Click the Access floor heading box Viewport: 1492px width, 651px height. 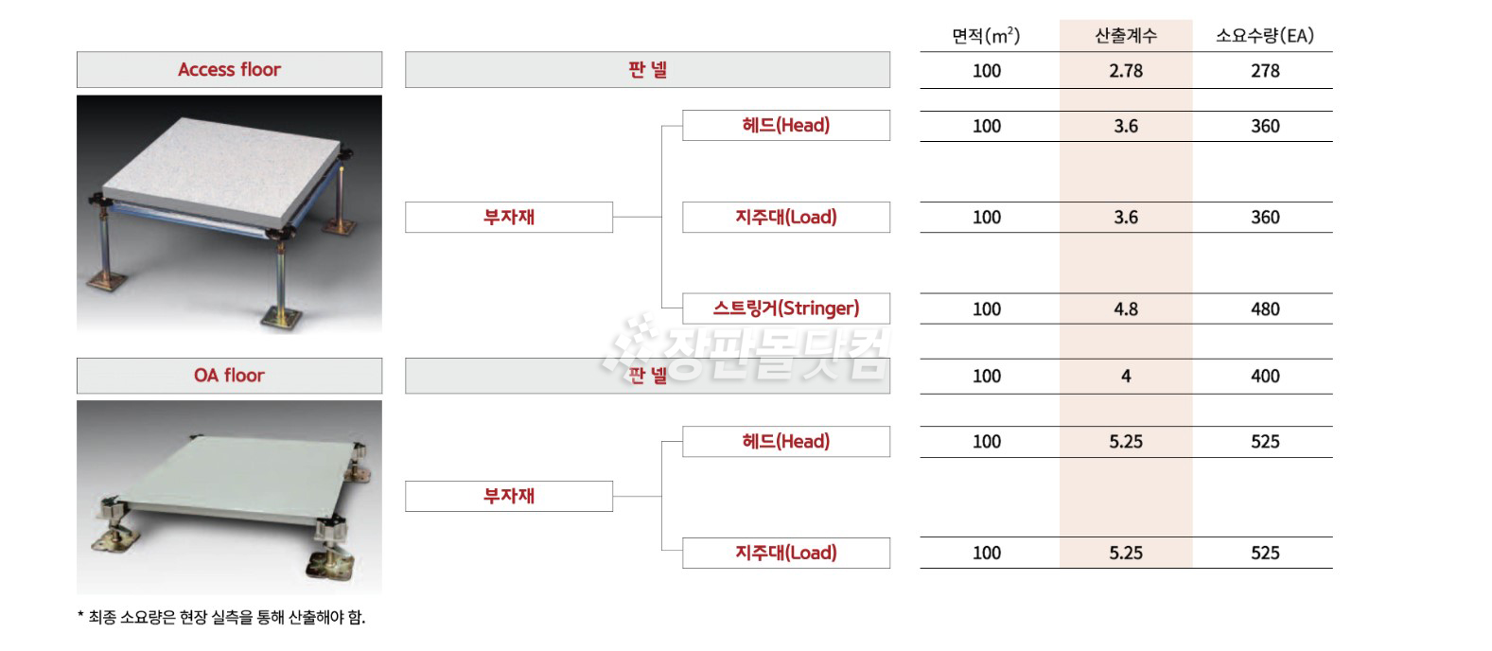[229, 69]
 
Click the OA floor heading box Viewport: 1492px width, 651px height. [229, 376]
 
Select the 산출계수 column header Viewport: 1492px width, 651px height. [1126, 35]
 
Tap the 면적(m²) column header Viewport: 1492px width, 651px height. [986, 35]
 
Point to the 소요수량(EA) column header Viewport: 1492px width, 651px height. [1265, 35]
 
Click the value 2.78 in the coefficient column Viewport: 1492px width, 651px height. [1126, 71]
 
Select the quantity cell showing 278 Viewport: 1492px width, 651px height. [1265, 71]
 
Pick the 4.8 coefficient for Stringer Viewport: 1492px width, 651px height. [1126, 309]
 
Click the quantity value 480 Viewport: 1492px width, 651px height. [1265, 309]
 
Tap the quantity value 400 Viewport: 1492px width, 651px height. [1265, 377]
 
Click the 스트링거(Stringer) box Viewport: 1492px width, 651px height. [786, 308]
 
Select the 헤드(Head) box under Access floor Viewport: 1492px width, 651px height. [786, 125]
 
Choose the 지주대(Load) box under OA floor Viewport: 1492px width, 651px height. [786, 553]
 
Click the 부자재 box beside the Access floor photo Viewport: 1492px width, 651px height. [509, 218]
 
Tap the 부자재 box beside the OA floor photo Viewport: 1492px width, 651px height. [509, 497]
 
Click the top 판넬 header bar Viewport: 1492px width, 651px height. [647, 69]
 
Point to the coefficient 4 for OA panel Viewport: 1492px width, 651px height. [1126, 377]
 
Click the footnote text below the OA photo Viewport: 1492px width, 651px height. [221, 617]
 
